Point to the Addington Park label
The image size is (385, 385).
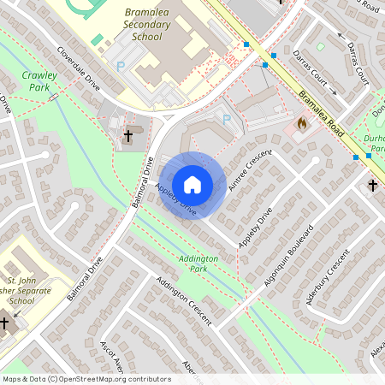(x=198, y=263)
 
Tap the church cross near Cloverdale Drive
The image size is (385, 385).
(x=129, y=135)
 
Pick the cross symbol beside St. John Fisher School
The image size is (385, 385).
(x=5, y=323)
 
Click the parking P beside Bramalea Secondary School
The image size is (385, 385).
(x=120, y=65)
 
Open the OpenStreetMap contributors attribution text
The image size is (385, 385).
(x=86, y=378)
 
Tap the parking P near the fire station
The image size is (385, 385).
(x=226, y=119)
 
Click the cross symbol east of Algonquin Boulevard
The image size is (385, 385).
(x=372, y=184)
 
